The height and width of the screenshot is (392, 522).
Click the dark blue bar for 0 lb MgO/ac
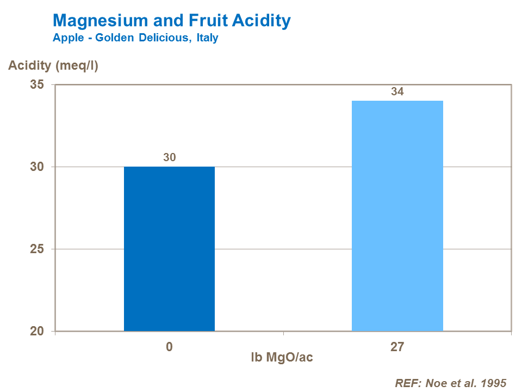point(169,249)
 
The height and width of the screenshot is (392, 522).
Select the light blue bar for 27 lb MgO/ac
point(397,216)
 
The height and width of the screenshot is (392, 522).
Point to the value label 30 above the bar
point(170,157)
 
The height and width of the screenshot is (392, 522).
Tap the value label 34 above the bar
point(397,91)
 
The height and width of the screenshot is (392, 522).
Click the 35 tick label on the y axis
point(37,85)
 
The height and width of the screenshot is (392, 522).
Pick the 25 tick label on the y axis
point(37,249)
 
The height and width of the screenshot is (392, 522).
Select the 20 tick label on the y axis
point(37,332)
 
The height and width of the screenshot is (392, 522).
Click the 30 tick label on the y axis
point(37,167)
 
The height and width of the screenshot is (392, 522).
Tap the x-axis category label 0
point(170,347)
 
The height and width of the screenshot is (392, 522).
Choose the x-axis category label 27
point(397,347)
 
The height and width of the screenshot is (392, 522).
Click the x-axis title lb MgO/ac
point(282,358)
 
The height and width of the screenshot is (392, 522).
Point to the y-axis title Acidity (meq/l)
point(53,66)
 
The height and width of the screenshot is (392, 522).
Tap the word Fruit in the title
point(208,21)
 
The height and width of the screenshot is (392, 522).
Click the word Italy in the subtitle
point(208,38)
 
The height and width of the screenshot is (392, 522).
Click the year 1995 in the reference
point(493,383)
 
